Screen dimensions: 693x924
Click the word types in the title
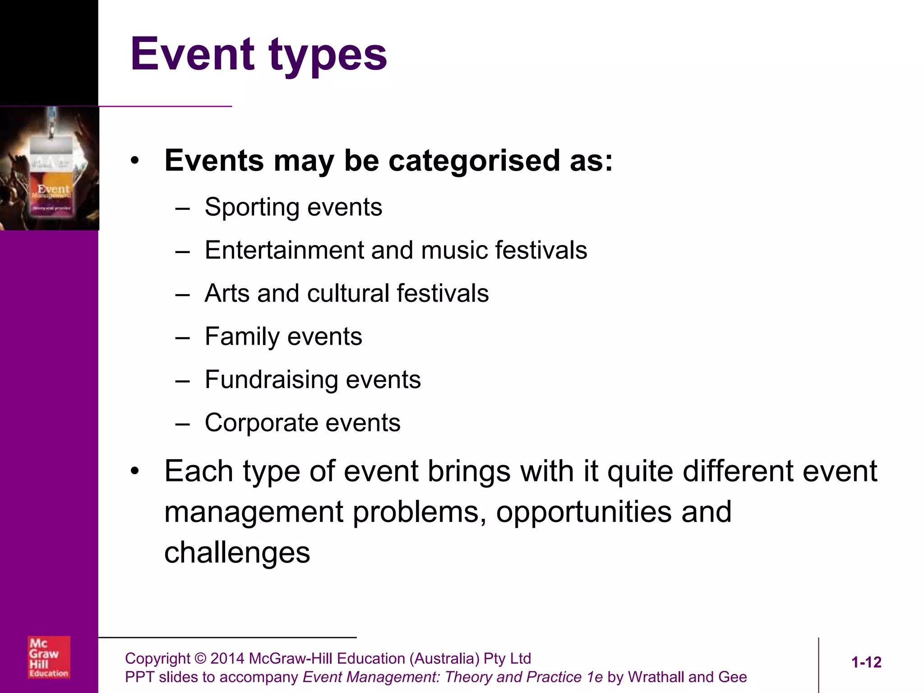(328, 56)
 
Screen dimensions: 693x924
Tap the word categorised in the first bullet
(475, 161)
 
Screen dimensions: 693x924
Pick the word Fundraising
(271, 379)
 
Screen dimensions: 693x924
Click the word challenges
(237, 553)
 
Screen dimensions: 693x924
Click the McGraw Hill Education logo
(49, 657)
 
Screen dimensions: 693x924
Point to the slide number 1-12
(866, 662)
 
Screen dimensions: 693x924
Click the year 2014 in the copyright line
(227, 658)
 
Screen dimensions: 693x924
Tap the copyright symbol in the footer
(200, 658)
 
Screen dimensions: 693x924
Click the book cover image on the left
(50, 168)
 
